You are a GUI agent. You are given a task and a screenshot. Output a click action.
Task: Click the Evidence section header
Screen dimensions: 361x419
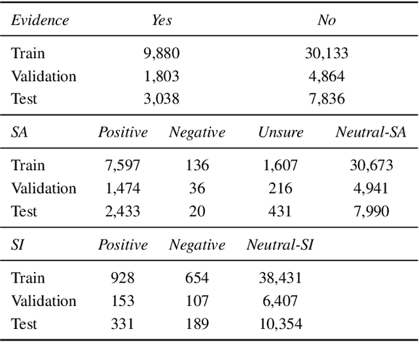point(40,20)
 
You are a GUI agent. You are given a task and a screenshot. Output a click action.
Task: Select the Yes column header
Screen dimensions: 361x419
point(162,20)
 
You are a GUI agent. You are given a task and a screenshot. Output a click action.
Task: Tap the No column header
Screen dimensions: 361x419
point(326,20)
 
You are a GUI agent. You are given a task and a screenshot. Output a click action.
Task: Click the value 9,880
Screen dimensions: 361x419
point(162,53)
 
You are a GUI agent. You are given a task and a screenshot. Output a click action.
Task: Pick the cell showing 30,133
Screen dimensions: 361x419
point(326,53)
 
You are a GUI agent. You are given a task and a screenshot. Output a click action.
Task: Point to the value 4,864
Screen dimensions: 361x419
point(326,76)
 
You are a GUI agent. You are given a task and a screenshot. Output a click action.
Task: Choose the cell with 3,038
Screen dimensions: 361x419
point(162,99)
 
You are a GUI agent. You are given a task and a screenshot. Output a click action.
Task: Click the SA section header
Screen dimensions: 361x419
point(20,132)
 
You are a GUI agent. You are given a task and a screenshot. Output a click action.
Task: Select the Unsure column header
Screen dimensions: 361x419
point(280,132)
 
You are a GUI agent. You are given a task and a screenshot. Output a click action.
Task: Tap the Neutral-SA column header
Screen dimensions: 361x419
point(371,132)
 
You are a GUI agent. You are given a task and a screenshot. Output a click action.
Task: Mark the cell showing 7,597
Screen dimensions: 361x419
point(123,165)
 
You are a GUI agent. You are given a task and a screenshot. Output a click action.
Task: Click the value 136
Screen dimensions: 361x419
point(196,165)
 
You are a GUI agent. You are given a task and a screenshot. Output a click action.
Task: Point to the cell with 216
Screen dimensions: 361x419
point(280,188)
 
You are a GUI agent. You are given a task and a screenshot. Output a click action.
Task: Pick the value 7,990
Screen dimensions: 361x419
point(371,211)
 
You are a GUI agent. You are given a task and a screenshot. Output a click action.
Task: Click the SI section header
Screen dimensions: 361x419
point(18,245)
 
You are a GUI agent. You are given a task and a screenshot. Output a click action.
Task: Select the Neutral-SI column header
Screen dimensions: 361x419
point(280,245)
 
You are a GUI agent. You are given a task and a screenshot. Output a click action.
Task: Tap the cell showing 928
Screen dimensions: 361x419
point(123,278)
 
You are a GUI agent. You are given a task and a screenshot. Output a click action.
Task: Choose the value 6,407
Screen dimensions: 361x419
point(280,301)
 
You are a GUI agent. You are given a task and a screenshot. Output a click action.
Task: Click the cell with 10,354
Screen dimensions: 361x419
point(280,324)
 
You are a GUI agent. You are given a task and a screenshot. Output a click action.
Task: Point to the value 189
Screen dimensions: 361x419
point(196,324)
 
